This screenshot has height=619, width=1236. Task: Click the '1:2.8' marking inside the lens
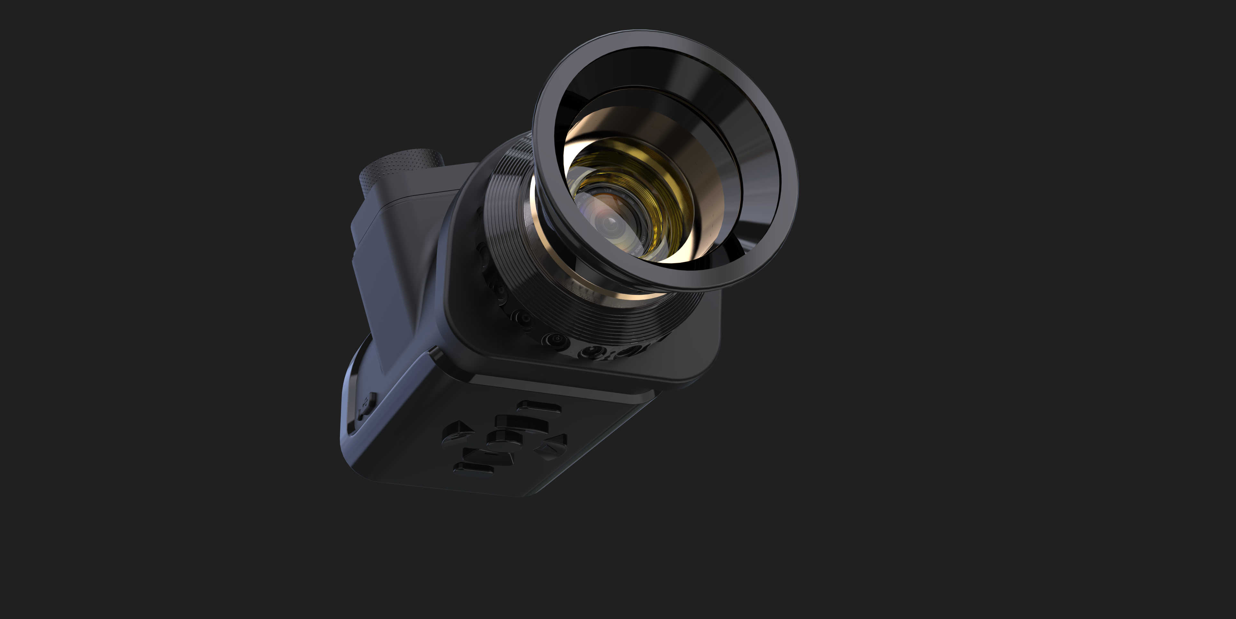click(x=608, y=191)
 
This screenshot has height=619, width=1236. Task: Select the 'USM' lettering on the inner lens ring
click(x=631, y=202)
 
